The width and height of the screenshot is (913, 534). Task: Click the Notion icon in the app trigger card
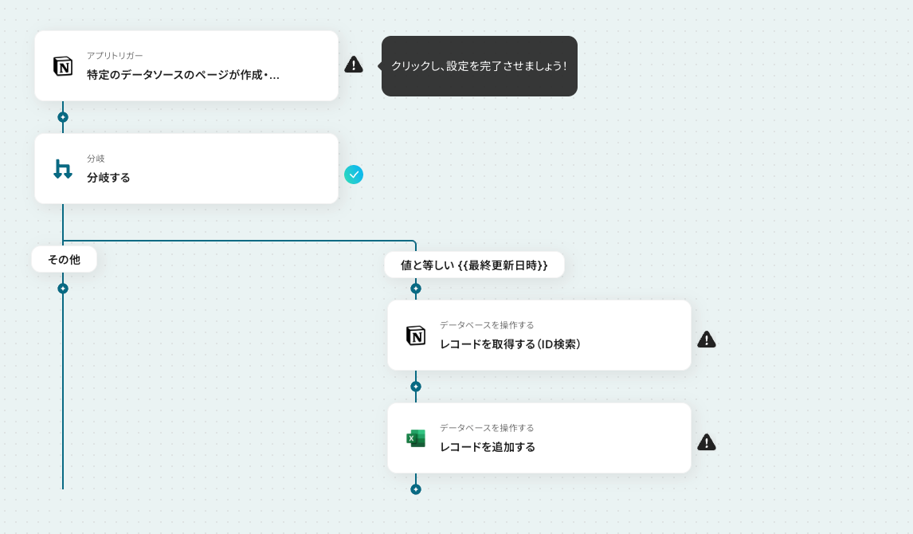coord(63,66)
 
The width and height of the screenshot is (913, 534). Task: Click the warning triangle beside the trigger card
coord(354,65)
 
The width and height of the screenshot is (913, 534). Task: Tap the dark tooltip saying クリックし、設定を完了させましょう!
coord(480,66)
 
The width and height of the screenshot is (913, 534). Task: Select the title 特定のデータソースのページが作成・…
coord(182,75)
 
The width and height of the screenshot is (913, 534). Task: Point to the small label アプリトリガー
coord(115,55)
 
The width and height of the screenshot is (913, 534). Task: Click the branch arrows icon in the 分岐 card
coord(63,169)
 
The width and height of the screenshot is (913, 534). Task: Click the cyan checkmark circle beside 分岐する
coord(354,174)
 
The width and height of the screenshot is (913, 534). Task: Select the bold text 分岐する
coord(108,178)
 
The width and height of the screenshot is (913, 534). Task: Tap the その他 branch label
coord(64,259)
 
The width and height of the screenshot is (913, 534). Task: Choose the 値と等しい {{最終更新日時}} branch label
coord(474,265)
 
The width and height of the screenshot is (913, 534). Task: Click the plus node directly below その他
coord(63,289)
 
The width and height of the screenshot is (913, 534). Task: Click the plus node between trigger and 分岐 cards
coord(63,117)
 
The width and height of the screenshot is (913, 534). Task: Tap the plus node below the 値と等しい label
coord(416,289)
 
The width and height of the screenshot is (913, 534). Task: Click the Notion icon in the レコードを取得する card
coord(416,336)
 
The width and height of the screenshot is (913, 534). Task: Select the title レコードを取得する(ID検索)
coord(510,344)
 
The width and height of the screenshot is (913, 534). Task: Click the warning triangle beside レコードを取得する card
coord(707,339)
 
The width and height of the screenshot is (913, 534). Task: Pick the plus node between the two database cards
coord(416,387)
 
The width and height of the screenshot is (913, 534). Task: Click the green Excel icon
coord(416,438)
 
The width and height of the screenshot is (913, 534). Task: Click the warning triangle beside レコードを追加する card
coord(707,442)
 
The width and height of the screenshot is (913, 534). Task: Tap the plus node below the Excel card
coord(416,489)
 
